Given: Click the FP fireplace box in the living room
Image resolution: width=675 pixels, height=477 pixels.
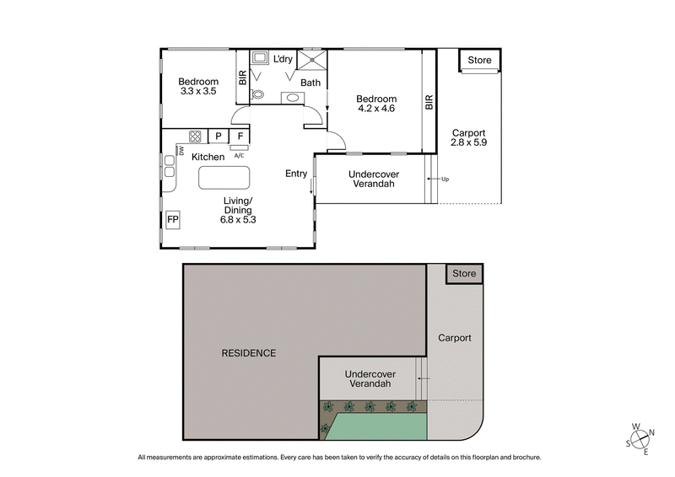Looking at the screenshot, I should tap(173, 220).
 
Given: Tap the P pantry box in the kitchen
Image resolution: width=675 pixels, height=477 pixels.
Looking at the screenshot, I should tap(218, 136).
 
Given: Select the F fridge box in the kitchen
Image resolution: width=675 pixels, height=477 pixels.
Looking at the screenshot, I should tap(240, 136).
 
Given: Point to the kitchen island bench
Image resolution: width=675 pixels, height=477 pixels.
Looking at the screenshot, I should tap(224, 178).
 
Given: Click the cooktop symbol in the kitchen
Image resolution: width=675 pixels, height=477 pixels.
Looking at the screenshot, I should tap(195, 136).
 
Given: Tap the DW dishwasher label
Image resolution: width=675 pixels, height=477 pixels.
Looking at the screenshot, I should tap(181, 151).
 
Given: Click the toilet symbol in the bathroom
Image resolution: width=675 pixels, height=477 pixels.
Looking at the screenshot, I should tap(259, 95).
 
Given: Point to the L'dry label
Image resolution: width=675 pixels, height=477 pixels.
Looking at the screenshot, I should tap(282, 59).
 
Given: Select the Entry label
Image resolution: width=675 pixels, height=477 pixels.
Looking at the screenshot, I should tap(296, 174).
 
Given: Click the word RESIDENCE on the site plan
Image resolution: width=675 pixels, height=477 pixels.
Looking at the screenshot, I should tap(249, 353).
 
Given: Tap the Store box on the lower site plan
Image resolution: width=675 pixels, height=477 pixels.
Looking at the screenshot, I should tap(464, 274).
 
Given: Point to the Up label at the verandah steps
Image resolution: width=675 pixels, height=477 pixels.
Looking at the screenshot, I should tap(445, 180).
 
